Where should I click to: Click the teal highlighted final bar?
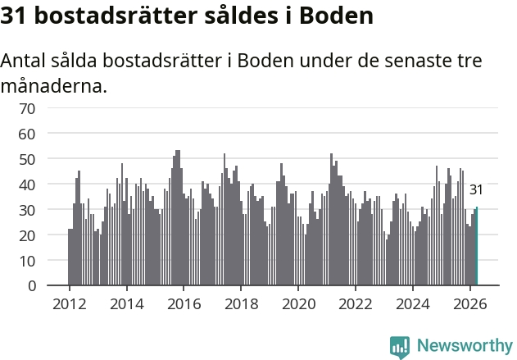click(477, 246)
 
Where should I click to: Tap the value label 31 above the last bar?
click(476, 189)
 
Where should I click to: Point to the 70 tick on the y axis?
click(27, 108)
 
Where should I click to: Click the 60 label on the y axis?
click(27, 134)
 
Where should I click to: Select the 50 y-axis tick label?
click(27, 159)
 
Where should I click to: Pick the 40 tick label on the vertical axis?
click(27, 185)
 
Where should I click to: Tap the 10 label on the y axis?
click(27, 261)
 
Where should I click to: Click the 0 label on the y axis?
click(32, 285)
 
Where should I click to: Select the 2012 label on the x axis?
click(70, 304)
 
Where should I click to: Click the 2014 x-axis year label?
click(127, 304)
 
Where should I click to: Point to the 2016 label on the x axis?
click(184, 304)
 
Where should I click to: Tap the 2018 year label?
click(242, 304)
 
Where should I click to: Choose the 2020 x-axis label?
click(299, 304)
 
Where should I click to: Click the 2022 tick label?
click(356, 304)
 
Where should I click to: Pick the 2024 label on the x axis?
click(413, 304)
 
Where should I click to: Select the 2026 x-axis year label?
click(470, 304)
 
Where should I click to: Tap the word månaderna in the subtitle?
click(54, 86)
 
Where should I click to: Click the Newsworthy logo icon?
click(400, 347)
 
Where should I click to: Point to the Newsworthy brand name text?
click(465, 346)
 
